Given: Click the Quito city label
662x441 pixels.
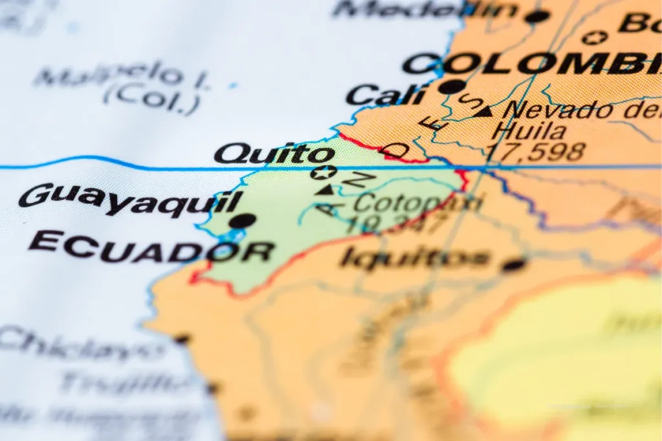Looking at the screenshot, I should click(x=275, y=154).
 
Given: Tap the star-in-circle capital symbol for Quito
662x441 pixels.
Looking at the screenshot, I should click(x=323, y=172).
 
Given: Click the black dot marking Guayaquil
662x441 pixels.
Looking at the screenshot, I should click(x=242, y=221).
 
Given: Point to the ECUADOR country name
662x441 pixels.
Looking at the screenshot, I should click(x=151, y=247).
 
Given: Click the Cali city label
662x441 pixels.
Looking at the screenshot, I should click(x=385, y=96).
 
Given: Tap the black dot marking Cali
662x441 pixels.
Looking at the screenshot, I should click(x=452, y=87).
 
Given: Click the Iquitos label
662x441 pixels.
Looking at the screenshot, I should click(x=414, y=258).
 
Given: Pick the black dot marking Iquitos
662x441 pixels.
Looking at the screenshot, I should click(x=515, y=264).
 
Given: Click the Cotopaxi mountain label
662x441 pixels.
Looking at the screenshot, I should click(x=418, y=203).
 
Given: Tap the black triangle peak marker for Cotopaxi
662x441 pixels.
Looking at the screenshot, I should click(x=326, y=189).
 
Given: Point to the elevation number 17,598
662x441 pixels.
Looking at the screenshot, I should click(x=536, y=152).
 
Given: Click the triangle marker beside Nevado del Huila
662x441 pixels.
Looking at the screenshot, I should click(x=484, y=112).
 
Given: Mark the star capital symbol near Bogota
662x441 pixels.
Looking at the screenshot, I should click(x=594, y=37).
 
